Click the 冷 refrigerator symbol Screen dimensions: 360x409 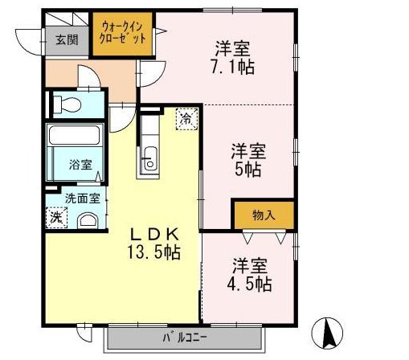(186, 119)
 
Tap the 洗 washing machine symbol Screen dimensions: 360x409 (55, 217)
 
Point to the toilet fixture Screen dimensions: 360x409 (67, 104)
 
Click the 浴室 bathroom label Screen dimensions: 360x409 (80, 166)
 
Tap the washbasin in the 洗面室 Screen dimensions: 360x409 (88, 219)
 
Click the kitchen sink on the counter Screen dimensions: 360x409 (149, 159)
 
